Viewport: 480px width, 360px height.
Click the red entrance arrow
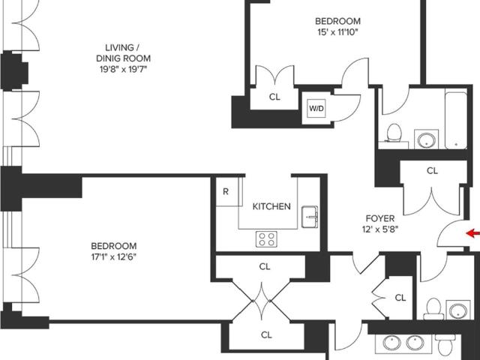click(472, 233)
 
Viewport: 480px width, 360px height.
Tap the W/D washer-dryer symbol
click(316, 108)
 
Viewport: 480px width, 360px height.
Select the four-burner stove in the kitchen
click(266, 239)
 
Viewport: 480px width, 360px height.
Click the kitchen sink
click(310, 217)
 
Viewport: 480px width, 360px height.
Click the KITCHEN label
click(271, 206)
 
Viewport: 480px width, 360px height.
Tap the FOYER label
click(380, 218)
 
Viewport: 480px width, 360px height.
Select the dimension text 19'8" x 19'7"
click(123, 69)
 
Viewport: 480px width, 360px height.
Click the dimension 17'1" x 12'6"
click(113, 256)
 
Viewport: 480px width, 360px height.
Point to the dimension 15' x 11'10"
click(337, 31)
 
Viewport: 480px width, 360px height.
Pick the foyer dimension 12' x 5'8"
click(380, 229)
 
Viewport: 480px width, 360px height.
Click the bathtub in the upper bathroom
click(456, 119)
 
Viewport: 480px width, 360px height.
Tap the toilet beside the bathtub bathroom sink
click(394, 133)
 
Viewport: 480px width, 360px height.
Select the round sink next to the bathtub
click(426, 139)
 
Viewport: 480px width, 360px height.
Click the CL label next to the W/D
click(274, 97)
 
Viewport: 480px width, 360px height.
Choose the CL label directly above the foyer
click(432, 170)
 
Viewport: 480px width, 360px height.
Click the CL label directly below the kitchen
click(265, 267)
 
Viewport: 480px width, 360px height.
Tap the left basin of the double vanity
click(391, 343)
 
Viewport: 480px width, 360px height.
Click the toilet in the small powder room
click(433, 308)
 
